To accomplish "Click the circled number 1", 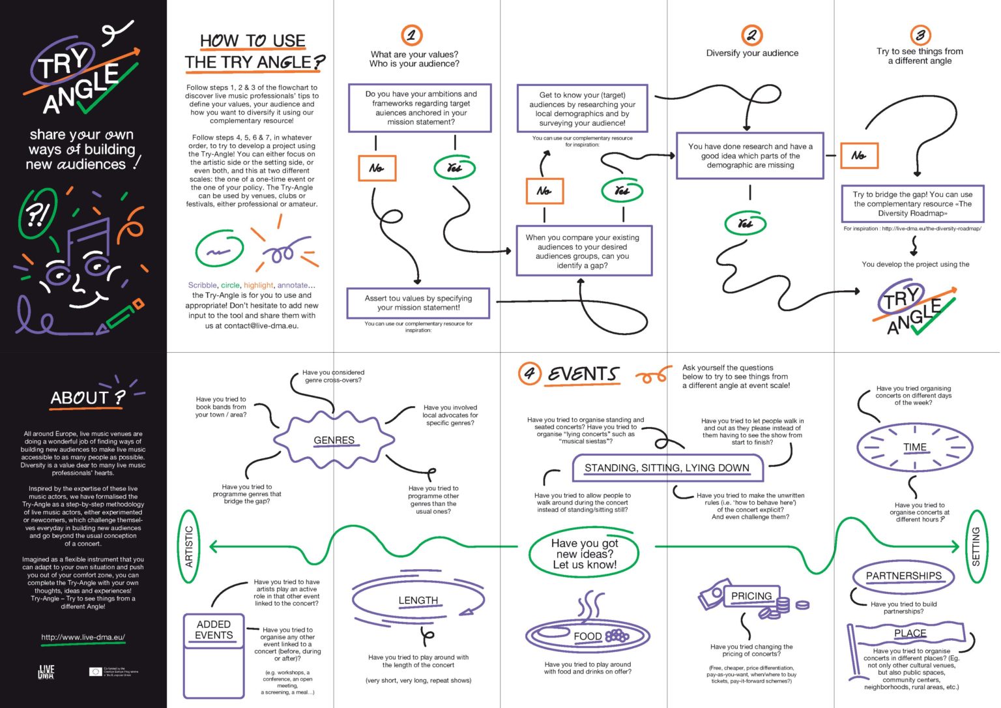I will pos(411,35).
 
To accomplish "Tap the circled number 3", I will pos(920,35).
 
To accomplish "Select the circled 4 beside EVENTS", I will pos(529,374).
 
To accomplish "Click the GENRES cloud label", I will pos(334,441).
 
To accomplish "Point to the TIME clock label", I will pos(914,447).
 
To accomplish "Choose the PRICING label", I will pos(751,596).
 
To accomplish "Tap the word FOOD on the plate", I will pos(587,636).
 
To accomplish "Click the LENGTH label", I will pos(418,600).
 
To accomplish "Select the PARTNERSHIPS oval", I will pos(903,576).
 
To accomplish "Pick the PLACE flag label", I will pos(910,633).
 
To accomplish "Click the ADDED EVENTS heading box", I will pos(214,630).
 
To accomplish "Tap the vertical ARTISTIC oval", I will pos(189,546).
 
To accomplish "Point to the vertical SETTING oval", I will pos(976,546).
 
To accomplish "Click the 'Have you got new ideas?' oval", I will pos(584,553).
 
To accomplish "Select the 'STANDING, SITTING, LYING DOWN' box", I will pos(667,468).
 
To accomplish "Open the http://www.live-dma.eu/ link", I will pos(83,637).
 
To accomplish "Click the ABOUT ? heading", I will pos(87,398).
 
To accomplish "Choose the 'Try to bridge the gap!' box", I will pos(912,203).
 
